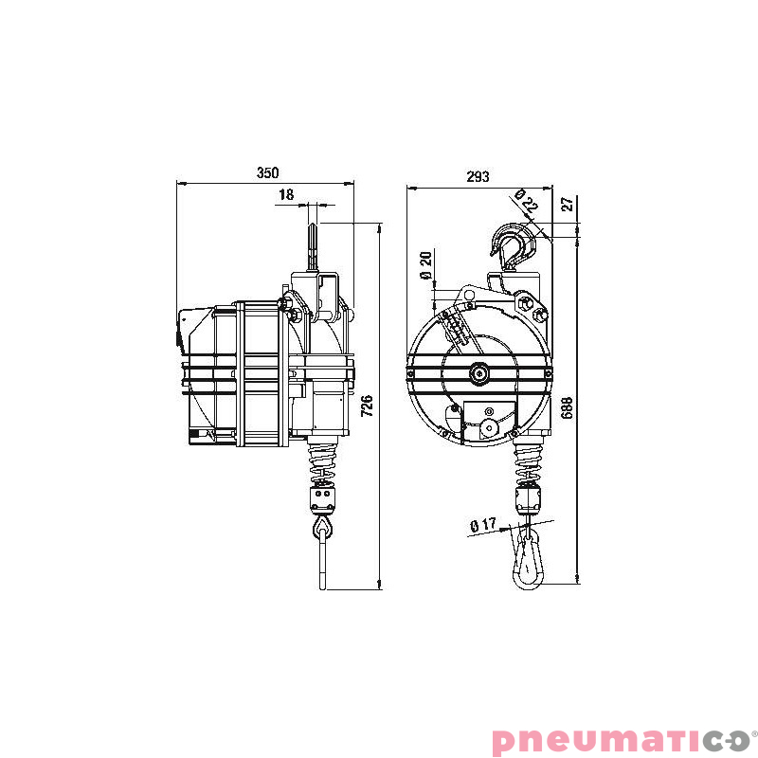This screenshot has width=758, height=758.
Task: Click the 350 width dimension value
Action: coord(268,173)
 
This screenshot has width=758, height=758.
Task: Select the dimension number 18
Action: coord(286,194)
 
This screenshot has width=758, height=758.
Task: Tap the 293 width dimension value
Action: coord(478,176)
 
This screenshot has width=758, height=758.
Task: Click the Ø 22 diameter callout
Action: coord(526,201)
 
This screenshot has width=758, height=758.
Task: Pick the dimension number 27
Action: coord(567,204)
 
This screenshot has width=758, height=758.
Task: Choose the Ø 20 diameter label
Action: coord(425,264)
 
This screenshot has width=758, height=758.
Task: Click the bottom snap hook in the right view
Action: coord(528,561)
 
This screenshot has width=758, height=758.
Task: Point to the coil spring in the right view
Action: coord(527,462)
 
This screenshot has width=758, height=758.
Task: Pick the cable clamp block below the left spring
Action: coord(322,496)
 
